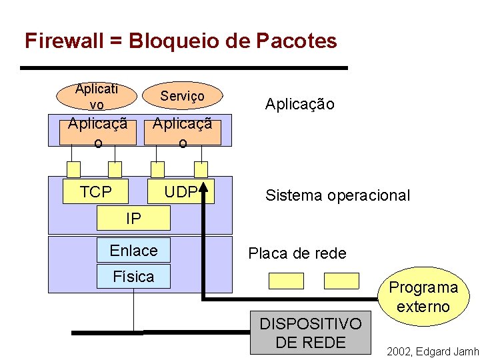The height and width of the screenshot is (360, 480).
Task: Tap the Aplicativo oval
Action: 97,97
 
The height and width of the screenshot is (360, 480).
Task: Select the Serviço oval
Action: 182,97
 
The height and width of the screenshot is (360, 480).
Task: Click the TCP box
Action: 95,192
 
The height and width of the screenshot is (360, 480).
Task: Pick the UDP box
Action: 181,192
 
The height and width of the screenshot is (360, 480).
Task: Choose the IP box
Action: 133,217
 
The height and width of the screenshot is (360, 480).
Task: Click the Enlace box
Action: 133,251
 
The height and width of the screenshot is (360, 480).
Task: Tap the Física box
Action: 133,277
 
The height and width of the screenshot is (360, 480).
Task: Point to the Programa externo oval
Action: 423,297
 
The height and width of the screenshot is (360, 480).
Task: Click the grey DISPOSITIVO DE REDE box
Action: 310,333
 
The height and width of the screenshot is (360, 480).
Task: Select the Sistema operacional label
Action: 337,195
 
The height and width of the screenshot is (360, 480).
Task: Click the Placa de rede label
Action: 297,253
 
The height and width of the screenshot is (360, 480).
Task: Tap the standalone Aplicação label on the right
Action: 299,104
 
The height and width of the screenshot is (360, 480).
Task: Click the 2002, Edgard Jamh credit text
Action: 432,351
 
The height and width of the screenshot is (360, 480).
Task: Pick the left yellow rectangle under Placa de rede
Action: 286,281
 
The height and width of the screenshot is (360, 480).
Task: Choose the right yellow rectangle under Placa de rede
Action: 341,281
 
